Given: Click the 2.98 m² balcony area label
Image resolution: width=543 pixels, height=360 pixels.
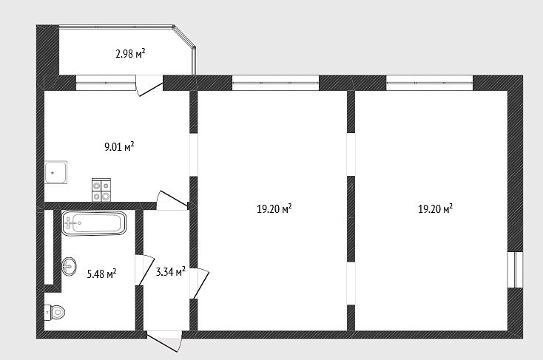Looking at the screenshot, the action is [130, 54].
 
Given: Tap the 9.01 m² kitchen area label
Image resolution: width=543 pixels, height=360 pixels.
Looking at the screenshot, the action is [119, 146].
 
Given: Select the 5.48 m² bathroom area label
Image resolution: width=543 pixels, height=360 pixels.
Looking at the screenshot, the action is [101, 274].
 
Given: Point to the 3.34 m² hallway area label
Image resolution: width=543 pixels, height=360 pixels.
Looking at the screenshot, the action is [170, 271].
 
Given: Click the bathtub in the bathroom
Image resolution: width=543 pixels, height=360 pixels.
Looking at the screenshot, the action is [94, 223].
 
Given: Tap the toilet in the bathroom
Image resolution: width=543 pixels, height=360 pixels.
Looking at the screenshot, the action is [55, 313].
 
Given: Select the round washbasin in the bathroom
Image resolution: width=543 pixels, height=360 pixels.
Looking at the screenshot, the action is [70, 267].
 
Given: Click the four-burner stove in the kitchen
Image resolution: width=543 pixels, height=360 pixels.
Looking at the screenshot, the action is [101, 190].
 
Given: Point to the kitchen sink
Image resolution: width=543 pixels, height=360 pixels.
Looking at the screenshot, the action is [55, 172].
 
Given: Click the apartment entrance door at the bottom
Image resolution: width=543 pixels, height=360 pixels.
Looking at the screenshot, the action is [164, 342].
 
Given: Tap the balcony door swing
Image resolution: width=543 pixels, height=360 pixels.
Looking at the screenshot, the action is [149, 86].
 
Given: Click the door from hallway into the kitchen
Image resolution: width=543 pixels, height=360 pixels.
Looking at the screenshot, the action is [172, 200].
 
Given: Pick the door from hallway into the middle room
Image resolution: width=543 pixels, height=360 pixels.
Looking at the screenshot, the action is [199, 283].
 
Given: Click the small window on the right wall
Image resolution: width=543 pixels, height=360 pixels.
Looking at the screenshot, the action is [515, 270].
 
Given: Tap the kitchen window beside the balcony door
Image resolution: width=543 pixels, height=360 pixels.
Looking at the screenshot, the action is [105, 83].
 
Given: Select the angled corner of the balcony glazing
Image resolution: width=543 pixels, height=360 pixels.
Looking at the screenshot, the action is [184, 35].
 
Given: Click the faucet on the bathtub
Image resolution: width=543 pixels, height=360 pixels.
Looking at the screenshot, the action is [71, 223].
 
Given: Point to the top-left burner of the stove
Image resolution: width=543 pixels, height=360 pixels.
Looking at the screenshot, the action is [96, 186].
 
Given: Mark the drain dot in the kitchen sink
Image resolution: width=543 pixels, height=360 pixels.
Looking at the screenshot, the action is [53, 172].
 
